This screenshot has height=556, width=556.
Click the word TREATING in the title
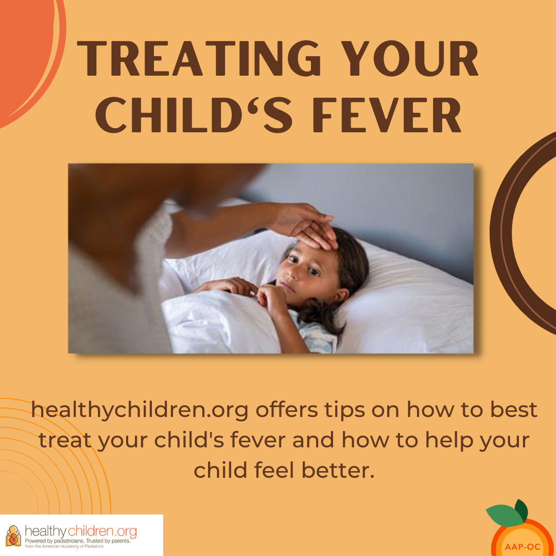click(199, 58)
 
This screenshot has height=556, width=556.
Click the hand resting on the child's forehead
click(307, 225)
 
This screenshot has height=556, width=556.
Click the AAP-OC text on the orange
click(523, 547)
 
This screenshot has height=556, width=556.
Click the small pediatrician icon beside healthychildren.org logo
click(13, 535)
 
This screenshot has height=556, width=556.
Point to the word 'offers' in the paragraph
click(287, 410)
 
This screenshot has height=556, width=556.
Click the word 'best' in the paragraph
click(514, 410)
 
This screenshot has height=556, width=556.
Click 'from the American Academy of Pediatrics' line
click(64, 546)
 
